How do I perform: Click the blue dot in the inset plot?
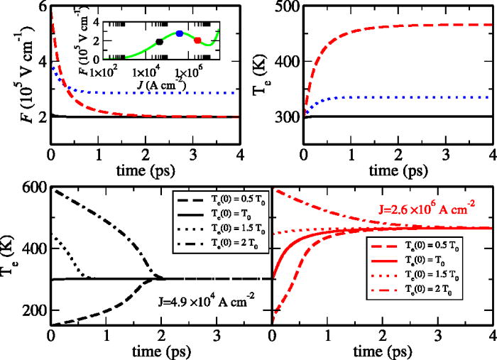(x=180, y=33)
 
